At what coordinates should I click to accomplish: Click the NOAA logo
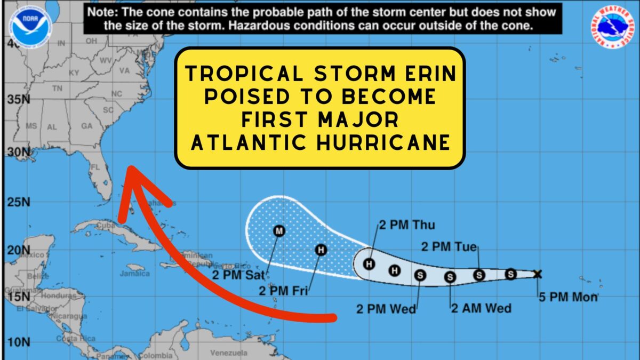[x=30, y=25]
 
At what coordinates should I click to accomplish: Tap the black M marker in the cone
[x=279, y=231]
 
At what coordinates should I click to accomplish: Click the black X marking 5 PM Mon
[x=537, y=274]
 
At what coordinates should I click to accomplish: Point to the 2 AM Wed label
[x=481, y=308]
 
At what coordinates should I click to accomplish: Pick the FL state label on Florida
[x=95, y=167]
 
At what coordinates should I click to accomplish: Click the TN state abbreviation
[x=57, y=88]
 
